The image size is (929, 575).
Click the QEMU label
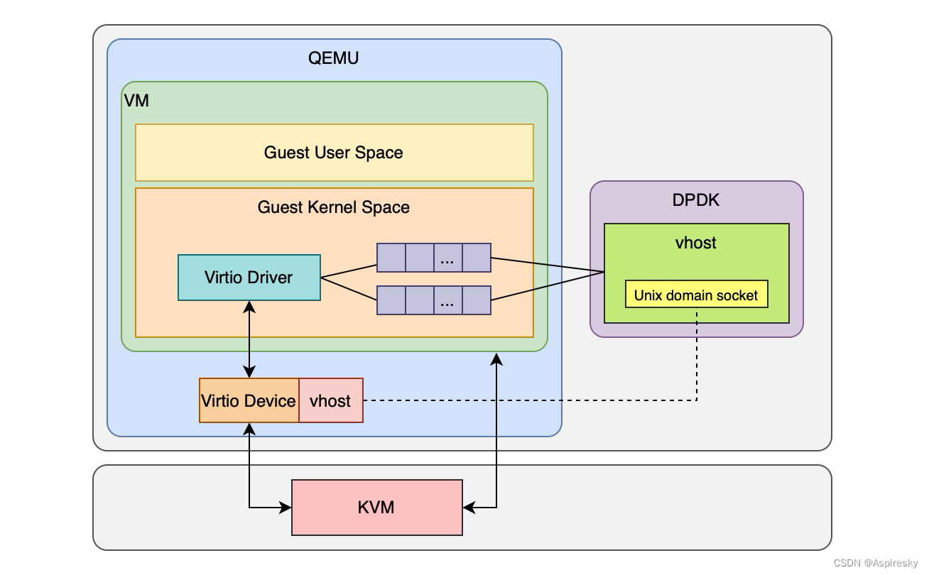tap(333, 58)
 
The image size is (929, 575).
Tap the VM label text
tap(136, 101)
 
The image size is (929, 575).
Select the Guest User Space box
tap(334, 153)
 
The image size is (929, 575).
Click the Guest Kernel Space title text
tap(333, 207)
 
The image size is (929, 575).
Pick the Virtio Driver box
tap(249, 278)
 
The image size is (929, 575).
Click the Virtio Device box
tap(249, 400)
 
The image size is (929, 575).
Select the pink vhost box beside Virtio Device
tap(330, 400)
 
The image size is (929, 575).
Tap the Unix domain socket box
tap(696, 295)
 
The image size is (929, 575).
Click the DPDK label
tap(696, 200)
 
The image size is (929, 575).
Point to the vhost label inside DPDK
tap(696, 243)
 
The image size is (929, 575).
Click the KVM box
tap(376, 508)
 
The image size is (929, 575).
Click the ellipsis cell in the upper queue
tap(447, 258)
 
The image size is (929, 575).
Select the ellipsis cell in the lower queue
tap(447, 300)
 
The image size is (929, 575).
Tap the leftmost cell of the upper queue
tap(391, 258)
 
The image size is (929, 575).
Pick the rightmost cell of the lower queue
tap(477, 300)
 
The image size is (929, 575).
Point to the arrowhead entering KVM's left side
tap(286, 508)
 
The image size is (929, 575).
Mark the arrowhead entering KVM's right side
tap(468, 508)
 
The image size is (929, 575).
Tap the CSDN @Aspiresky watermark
tap(875, 563)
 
